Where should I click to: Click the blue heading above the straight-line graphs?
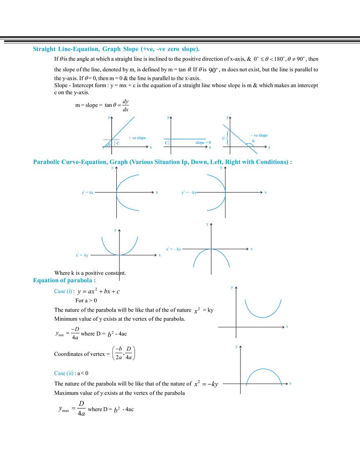click(115, 50)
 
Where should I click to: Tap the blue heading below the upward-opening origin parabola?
click(65, 281)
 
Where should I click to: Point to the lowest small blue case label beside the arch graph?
click(63, 373)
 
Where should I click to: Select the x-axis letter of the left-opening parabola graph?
click(266, 192)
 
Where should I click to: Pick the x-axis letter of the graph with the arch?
click(290, 383)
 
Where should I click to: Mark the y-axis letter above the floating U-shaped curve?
click(232, 288)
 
